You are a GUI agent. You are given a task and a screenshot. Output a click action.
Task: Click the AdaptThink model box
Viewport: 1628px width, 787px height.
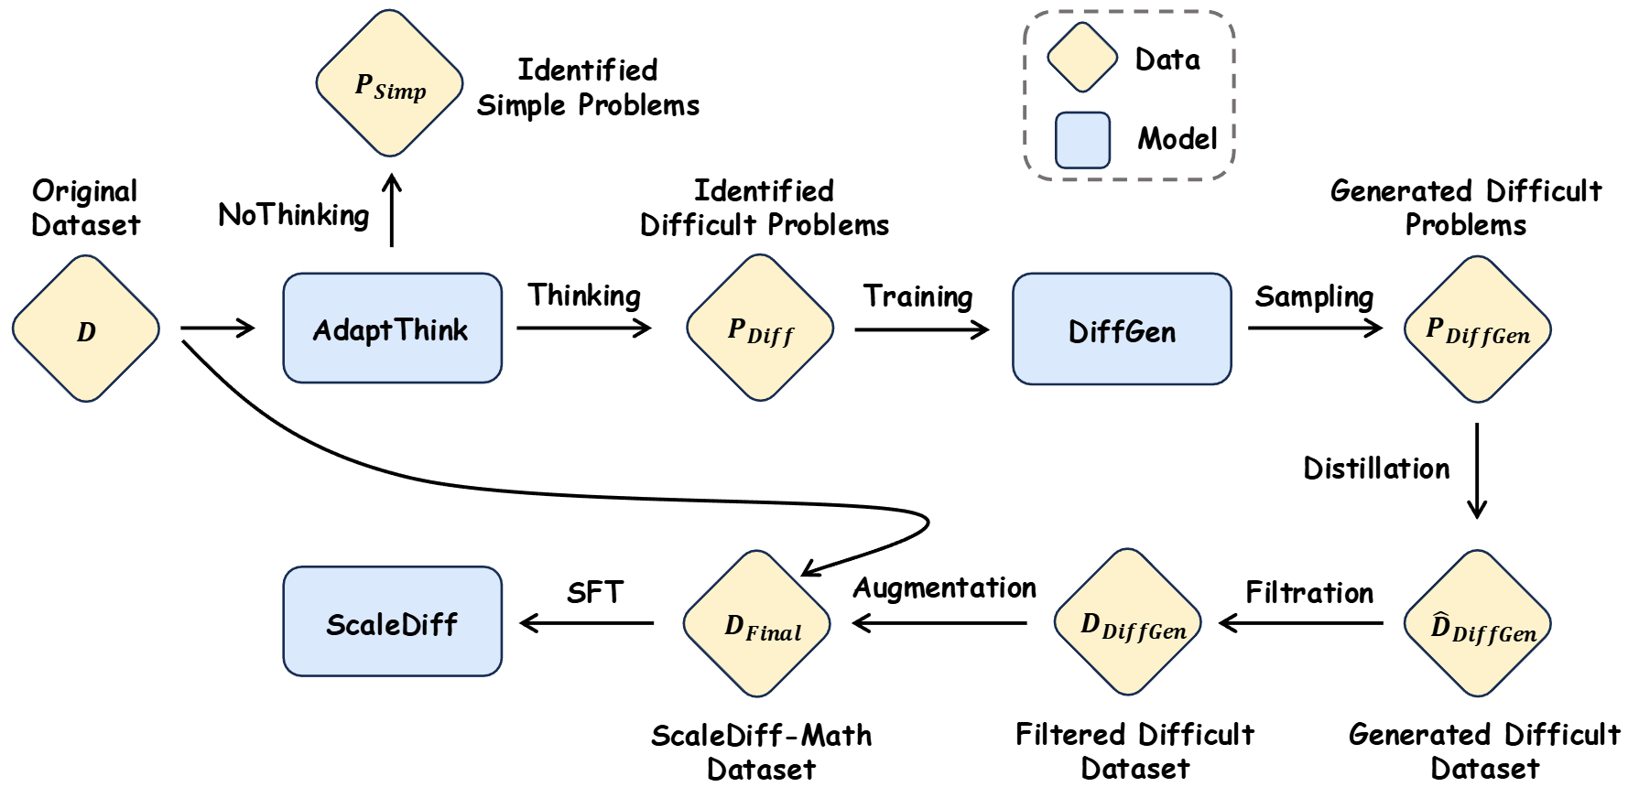[x=392, y=328]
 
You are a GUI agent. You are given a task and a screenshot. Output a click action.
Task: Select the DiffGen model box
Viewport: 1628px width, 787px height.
[x=1122, y=329]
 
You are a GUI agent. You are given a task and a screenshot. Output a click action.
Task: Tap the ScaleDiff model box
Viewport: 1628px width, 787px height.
[x=392, y=621]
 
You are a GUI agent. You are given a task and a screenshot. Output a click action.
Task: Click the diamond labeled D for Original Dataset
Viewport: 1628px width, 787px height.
[x=86, y=329]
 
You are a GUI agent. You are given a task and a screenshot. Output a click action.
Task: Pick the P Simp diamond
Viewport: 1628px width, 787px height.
[x=390, y=84]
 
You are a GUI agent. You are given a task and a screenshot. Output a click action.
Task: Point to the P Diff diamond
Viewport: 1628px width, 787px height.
[x=760, y=328]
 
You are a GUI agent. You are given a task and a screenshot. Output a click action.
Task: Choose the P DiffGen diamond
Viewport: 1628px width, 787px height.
[x=1477, y=329]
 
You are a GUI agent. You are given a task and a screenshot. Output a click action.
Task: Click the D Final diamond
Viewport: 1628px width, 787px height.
[x=758, y=623]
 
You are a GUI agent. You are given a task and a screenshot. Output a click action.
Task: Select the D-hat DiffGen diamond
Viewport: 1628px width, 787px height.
[x=1477, y=623]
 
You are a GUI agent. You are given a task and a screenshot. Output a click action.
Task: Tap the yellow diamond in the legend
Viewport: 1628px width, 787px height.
[x=1082, y=57]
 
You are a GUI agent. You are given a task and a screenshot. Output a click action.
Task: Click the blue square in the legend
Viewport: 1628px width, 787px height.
[x=1082, y=140]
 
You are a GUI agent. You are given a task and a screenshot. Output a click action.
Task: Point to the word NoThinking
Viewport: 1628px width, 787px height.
[x=294, y=215]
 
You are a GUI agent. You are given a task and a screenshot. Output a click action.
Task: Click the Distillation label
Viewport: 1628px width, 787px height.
[x=1376, y=469]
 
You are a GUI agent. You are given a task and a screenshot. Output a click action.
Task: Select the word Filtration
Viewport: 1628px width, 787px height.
[x=1309, y=592]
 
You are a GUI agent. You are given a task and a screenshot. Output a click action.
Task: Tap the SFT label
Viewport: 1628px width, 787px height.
[x=594, y=592]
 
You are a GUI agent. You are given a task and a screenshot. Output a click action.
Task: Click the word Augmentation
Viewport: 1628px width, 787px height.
[x=944, y=588]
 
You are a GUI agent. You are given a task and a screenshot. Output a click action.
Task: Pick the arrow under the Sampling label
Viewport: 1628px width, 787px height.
[x=1315, y=328]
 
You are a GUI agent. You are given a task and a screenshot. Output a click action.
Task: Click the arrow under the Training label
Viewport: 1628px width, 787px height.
[x=921, y=329]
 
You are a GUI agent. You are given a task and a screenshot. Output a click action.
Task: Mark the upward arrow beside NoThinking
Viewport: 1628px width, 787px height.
[x=392, y=210]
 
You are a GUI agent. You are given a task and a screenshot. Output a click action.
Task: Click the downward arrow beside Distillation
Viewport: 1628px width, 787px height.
[x=1477, y=470]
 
